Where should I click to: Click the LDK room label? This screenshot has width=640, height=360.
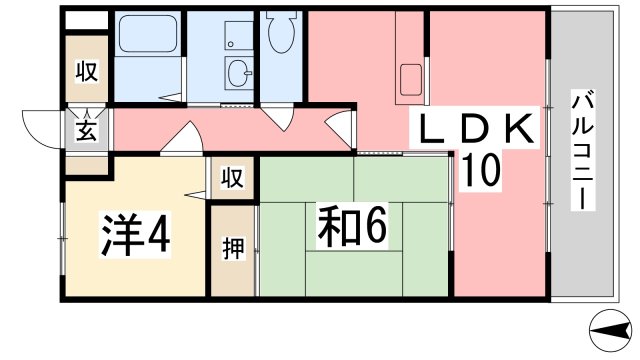[476, 127]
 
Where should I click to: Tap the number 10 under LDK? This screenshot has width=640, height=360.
[481, 169]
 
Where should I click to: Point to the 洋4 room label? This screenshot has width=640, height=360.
[136, 236]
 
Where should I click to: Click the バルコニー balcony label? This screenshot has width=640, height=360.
[582, 150]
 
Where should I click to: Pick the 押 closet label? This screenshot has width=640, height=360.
[233, 248]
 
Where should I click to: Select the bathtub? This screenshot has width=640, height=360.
[147, 34]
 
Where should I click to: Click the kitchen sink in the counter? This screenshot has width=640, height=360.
[411, 80]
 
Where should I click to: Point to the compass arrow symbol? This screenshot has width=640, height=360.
[611, 330]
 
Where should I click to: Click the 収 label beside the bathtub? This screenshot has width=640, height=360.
[87, 70]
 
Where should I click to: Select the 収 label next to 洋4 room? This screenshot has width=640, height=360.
[232, 177]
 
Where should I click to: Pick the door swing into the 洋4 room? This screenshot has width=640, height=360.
[183, 138]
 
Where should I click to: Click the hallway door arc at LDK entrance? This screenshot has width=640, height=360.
[340, 128]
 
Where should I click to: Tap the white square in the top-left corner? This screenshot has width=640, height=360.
[87, 20]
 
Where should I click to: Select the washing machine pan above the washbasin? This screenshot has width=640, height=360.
[239, 36]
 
